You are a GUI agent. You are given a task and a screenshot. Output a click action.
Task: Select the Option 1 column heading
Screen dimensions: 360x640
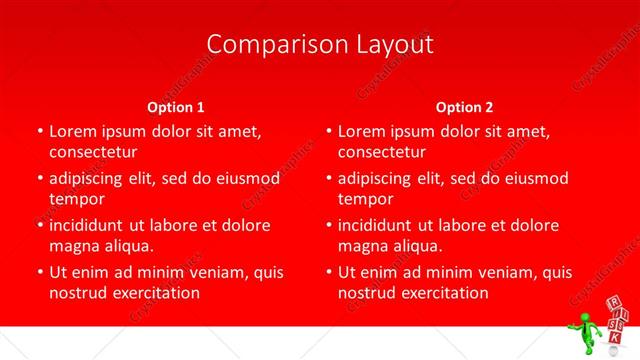(176, 107)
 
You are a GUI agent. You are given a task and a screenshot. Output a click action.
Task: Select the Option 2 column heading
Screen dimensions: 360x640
(464, 107)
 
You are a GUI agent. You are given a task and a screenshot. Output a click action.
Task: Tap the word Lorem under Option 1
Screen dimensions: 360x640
(71, 131)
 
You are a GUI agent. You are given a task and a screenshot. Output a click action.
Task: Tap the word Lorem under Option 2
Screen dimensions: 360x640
(360, 131)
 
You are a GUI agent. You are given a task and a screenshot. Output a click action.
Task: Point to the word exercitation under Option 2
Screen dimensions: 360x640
(442, 293)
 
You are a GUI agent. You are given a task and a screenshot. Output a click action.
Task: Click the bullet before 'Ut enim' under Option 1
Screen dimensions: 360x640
(38, 272)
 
